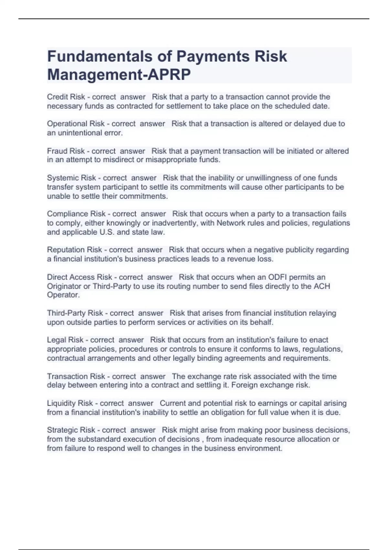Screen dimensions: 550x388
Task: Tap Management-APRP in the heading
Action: tap(119, 75)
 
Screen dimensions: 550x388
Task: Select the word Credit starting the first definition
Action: tap(57, 97)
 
